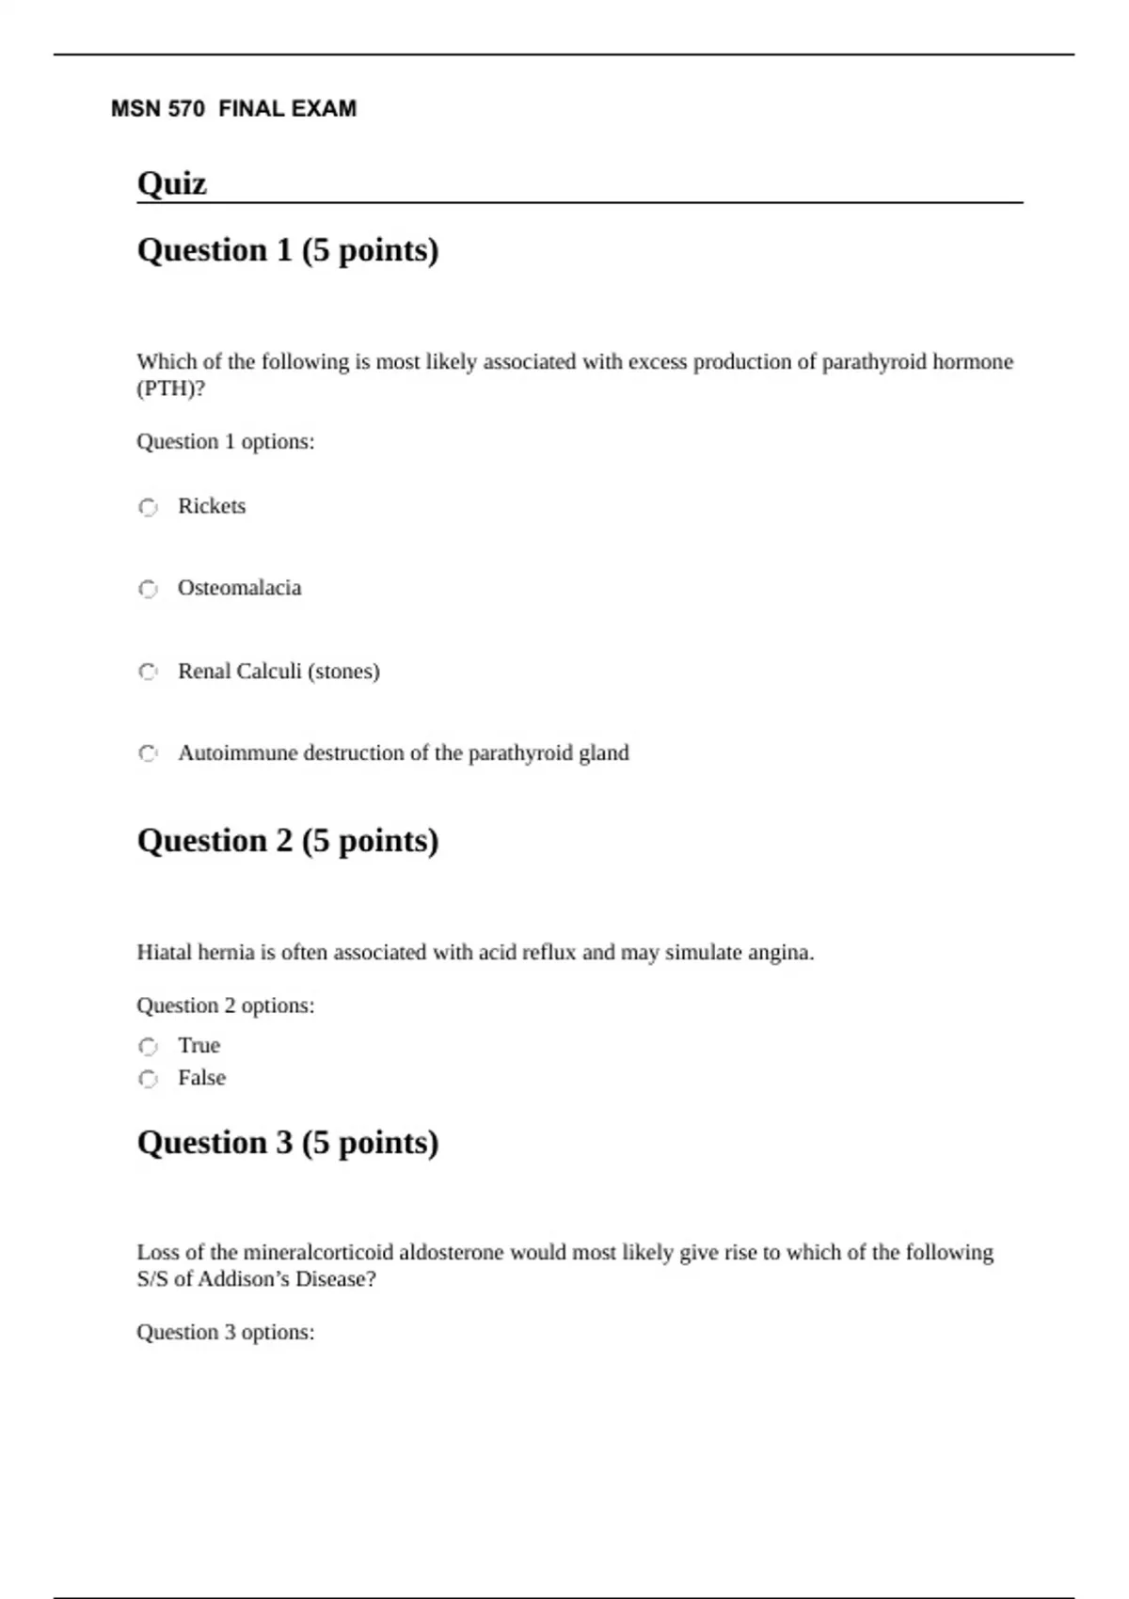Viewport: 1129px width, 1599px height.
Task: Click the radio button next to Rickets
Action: (x=148, y=507)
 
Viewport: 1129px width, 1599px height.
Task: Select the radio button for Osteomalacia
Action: (x=148, y=589)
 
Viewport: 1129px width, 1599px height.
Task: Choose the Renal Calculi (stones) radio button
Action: (x=148, y=672)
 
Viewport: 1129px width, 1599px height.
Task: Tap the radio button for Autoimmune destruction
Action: (x=148, y=753)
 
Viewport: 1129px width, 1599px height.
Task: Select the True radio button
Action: (x=148, y=1046)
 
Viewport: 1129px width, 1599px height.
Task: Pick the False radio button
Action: (x=148, y=1079)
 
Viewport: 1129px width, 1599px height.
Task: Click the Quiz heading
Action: (x=171, y=182)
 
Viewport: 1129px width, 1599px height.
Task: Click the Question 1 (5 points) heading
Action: (x=288, y=250)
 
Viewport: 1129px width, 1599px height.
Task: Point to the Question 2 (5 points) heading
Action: (x=288, y=841)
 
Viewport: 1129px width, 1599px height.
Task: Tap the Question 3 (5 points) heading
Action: (x=288, y=1143)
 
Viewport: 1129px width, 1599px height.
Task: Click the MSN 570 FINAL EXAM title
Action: (x=233, y=109)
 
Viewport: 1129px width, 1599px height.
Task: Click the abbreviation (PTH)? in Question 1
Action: (x=170, y=388)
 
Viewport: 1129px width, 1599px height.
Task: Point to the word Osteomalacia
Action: (x=240, y=588)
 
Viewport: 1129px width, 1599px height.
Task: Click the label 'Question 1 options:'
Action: (x=226, y=442)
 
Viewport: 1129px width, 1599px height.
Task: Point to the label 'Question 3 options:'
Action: (x=226, y=1333)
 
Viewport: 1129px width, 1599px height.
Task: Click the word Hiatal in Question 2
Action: (x=164, y=953)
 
